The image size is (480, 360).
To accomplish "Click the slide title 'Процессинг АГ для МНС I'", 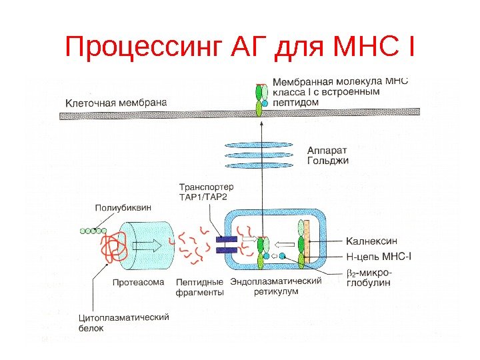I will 240,47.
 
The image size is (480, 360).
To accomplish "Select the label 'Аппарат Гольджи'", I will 328,155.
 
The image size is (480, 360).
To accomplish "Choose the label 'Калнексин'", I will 372,241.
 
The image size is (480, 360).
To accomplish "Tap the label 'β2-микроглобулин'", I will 370,277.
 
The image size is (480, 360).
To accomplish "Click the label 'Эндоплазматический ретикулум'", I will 275,287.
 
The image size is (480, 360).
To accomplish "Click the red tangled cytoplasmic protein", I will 111,248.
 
